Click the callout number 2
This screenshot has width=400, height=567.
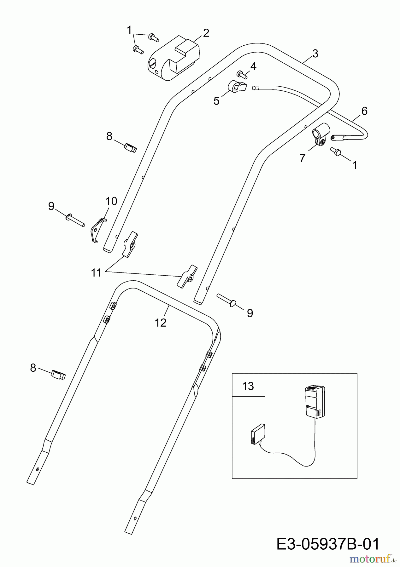(x=206, y=33)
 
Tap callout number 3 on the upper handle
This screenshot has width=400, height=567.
(x=315, y=54)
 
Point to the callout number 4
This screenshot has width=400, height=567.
(x=253, y=66)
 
